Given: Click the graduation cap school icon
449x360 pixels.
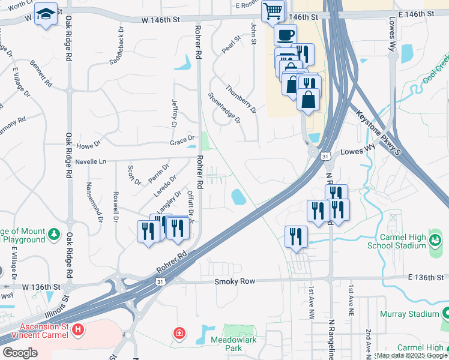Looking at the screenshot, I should click(x=45, y=14).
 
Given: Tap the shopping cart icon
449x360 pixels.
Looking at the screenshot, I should click(x=273, y=11).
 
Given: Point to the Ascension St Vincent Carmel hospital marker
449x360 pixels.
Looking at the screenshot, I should click(x=77, y=329).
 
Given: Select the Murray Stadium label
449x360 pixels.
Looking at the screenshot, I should click(x=409, y=314).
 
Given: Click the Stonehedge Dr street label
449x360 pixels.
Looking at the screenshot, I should click(x=224, y=108).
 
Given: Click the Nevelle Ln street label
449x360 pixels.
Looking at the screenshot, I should click(x=90, y=161).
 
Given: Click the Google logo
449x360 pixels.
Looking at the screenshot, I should click(x=20, y=353).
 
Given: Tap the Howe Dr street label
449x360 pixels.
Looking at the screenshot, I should click(x=88, y=145).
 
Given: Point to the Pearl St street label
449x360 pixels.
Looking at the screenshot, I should click(x=231, y=46).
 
